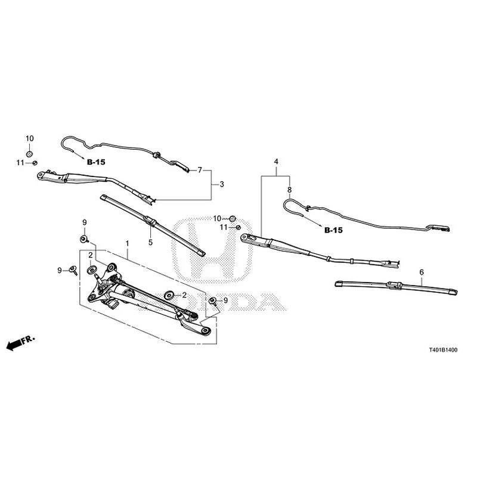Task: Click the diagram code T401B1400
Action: point(443,350)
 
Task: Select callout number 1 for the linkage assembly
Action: point(128,243)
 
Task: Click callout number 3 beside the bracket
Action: point(222,184)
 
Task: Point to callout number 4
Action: point(276,162)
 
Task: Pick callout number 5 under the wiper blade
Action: point(150,243)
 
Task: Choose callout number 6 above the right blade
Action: point(422,272)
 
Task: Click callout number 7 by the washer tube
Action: point(200,170)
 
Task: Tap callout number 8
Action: point(289,190)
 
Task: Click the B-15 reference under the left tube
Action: point(96,162)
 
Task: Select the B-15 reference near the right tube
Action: point(333,230)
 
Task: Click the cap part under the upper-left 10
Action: point(29,154)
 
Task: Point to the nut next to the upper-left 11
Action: point(35,163)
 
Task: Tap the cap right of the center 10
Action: point(233,218)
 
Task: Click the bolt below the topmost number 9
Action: point(84,239)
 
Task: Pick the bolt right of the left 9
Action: point(73,270)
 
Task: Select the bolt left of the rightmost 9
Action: point(213,302)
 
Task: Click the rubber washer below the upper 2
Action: point(91,270)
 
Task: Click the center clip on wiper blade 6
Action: point(394,285)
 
